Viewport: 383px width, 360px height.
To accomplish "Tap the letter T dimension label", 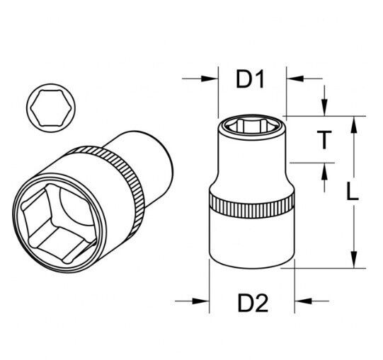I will (323, 140).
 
